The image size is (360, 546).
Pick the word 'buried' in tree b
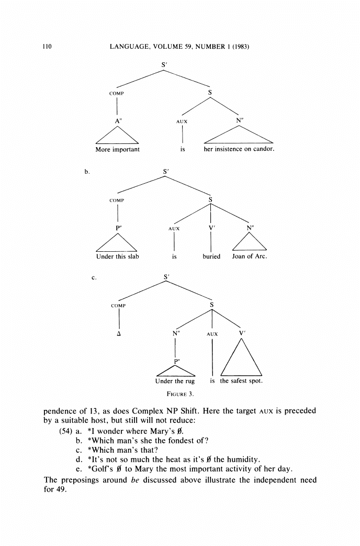point(211,257)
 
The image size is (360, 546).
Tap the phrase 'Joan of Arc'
point(250,257)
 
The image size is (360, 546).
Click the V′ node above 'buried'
point(211,228)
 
